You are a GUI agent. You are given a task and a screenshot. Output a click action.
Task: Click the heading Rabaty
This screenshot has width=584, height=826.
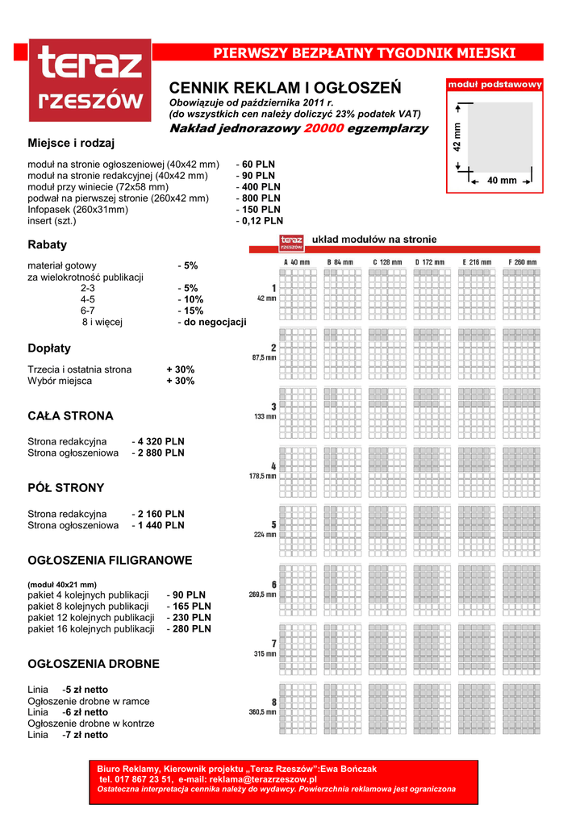tap(47, 244)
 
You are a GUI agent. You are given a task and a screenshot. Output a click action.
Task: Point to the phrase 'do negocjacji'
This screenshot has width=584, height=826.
tap(215, 322)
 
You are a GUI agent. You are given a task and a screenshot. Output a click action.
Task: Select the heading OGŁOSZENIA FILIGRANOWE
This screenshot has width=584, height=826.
tap(110, 560)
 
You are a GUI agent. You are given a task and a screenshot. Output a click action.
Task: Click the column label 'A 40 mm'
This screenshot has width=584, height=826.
tap(296, 262)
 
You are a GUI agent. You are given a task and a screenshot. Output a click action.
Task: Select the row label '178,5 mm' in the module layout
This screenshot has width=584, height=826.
tap(263, 476)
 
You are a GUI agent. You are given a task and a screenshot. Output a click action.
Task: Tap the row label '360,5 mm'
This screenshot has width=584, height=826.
tap(263, 712)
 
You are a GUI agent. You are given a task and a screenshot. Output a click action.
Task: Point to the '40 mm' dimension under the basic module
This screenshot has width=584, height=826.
tap(502, 181)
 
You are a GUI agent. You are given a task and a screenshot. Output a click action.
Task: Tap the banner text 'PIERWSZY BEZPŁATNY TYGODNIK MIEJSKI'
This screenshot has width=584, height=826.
tap(364, 53)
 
